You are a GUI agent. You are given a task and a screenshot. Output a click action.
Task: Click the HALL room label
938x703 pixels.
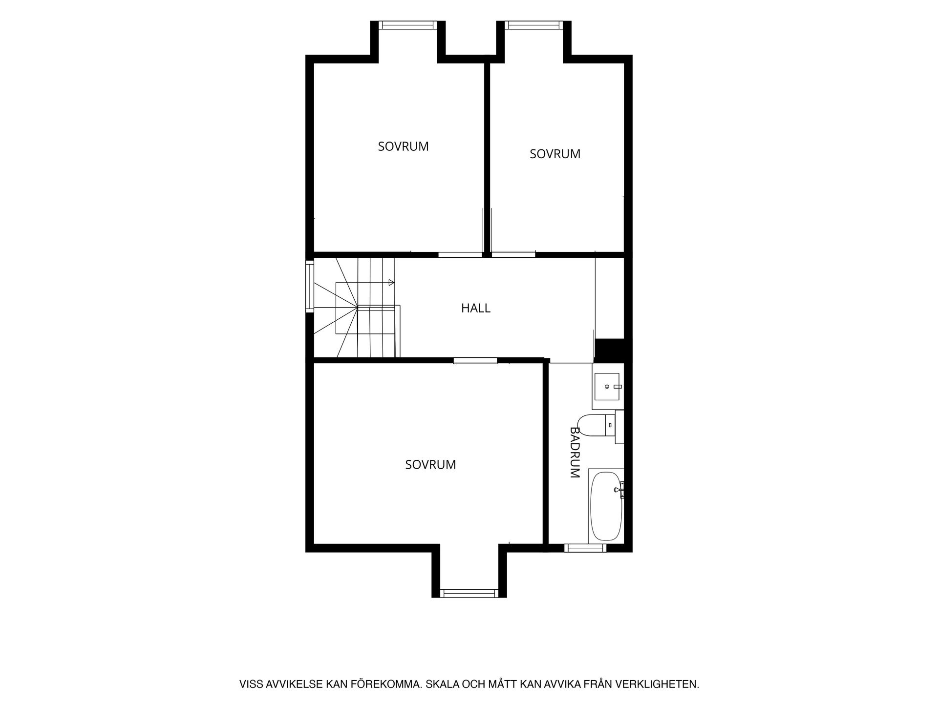pos(475,308)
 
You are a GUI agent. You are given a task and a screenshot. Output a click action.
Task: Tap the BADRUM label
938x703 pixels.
pos(575,452)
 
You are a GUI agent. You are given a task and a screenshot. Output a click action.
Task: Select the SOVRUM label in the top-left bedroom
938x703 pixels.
pos(403,146)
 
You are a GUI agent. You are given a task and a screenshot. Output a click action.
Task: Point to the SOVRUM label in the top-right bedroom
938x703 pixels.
pos(555,154)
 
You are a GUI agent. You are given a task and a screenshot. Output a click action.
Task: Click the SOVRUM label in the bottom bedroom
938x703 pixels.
pos(430,465)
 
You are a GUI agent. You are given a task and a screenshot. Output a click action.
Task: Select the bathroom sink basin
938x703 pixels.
pos(607,387)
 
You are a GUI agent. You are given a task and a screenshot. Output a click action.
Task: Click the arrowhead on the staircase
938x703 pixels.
pos(391,282)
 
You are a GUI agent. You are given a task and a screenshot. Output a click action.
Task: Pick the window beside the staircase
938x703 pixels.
pos(310,286)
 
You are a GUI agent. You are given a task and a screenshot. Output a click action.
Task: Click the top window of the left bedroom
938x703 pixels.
pos(408,25)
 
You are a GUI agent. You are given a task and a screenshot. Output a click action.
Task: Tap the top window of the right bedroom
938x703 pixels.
pos(534,25)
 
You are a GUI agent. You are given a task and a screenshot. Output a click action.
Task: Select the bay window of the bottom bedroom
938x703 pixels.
pos(469,593)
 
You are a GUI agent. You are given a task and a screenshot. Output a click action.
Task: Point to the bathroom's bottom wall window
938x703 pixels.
pos(585,548)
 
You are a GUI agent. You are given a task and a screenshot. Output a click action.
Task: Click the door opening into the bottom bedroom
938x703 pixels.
pos(475,360)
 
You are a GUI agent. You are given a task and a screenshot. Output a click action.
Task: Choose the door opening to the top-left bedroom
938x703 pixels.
pos(460,254)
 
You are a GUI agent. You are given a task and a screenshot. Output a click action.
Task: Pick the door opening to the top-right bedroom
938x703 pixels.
pos(513,254)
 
